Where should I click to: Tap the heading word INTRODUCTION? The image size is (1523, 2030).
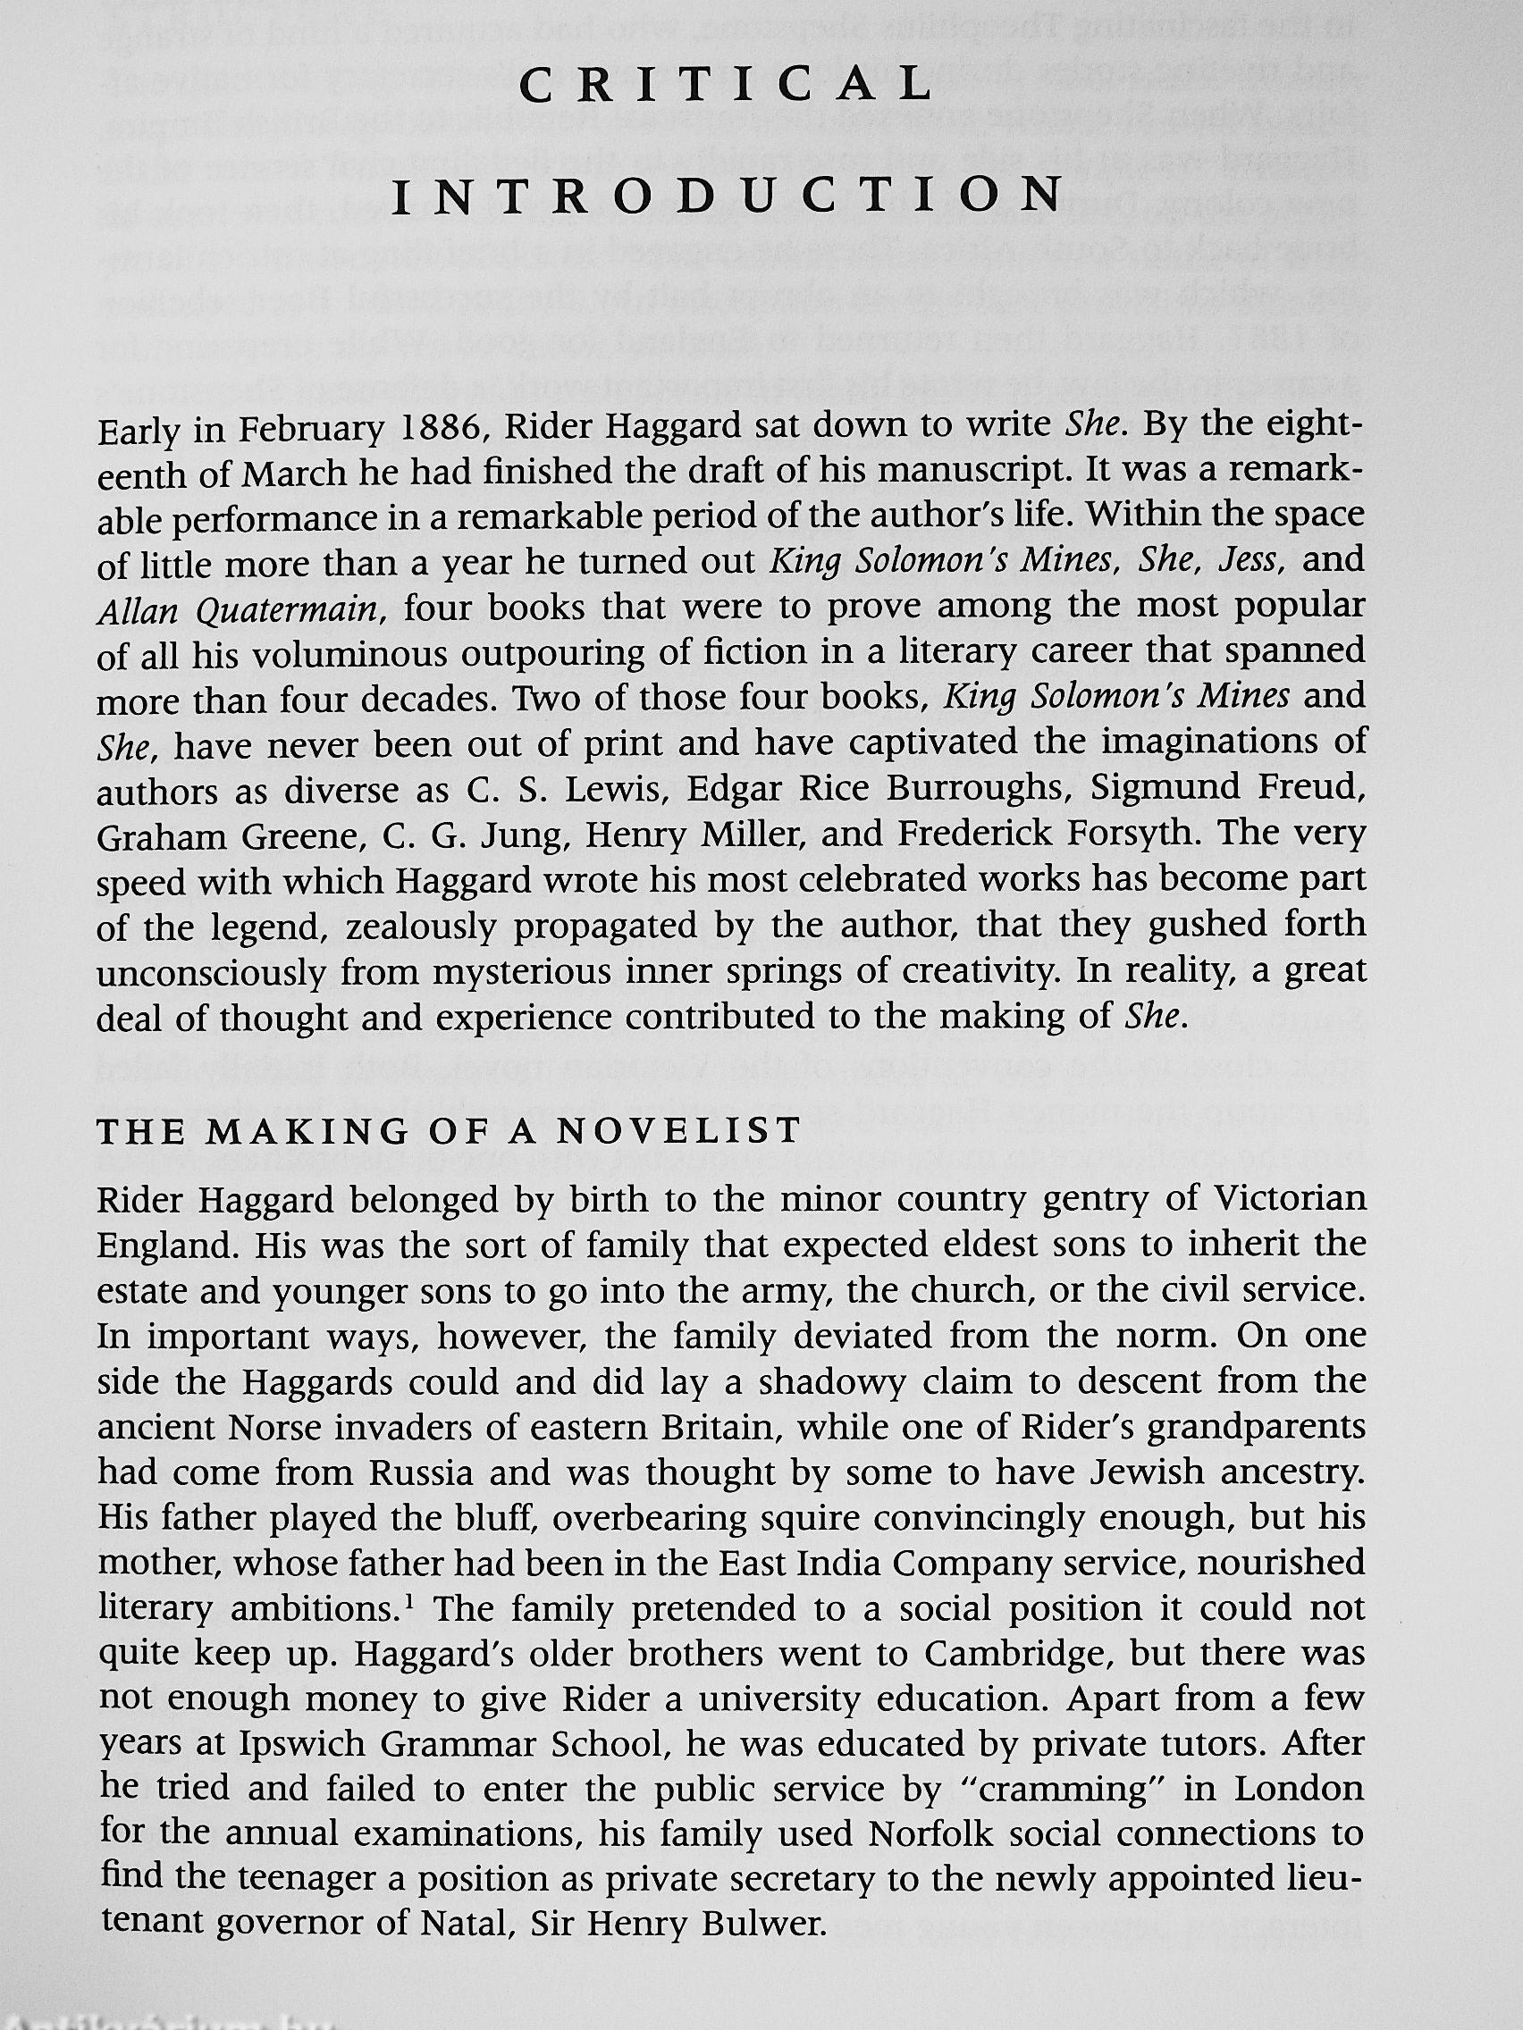(x=725, y=196)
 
